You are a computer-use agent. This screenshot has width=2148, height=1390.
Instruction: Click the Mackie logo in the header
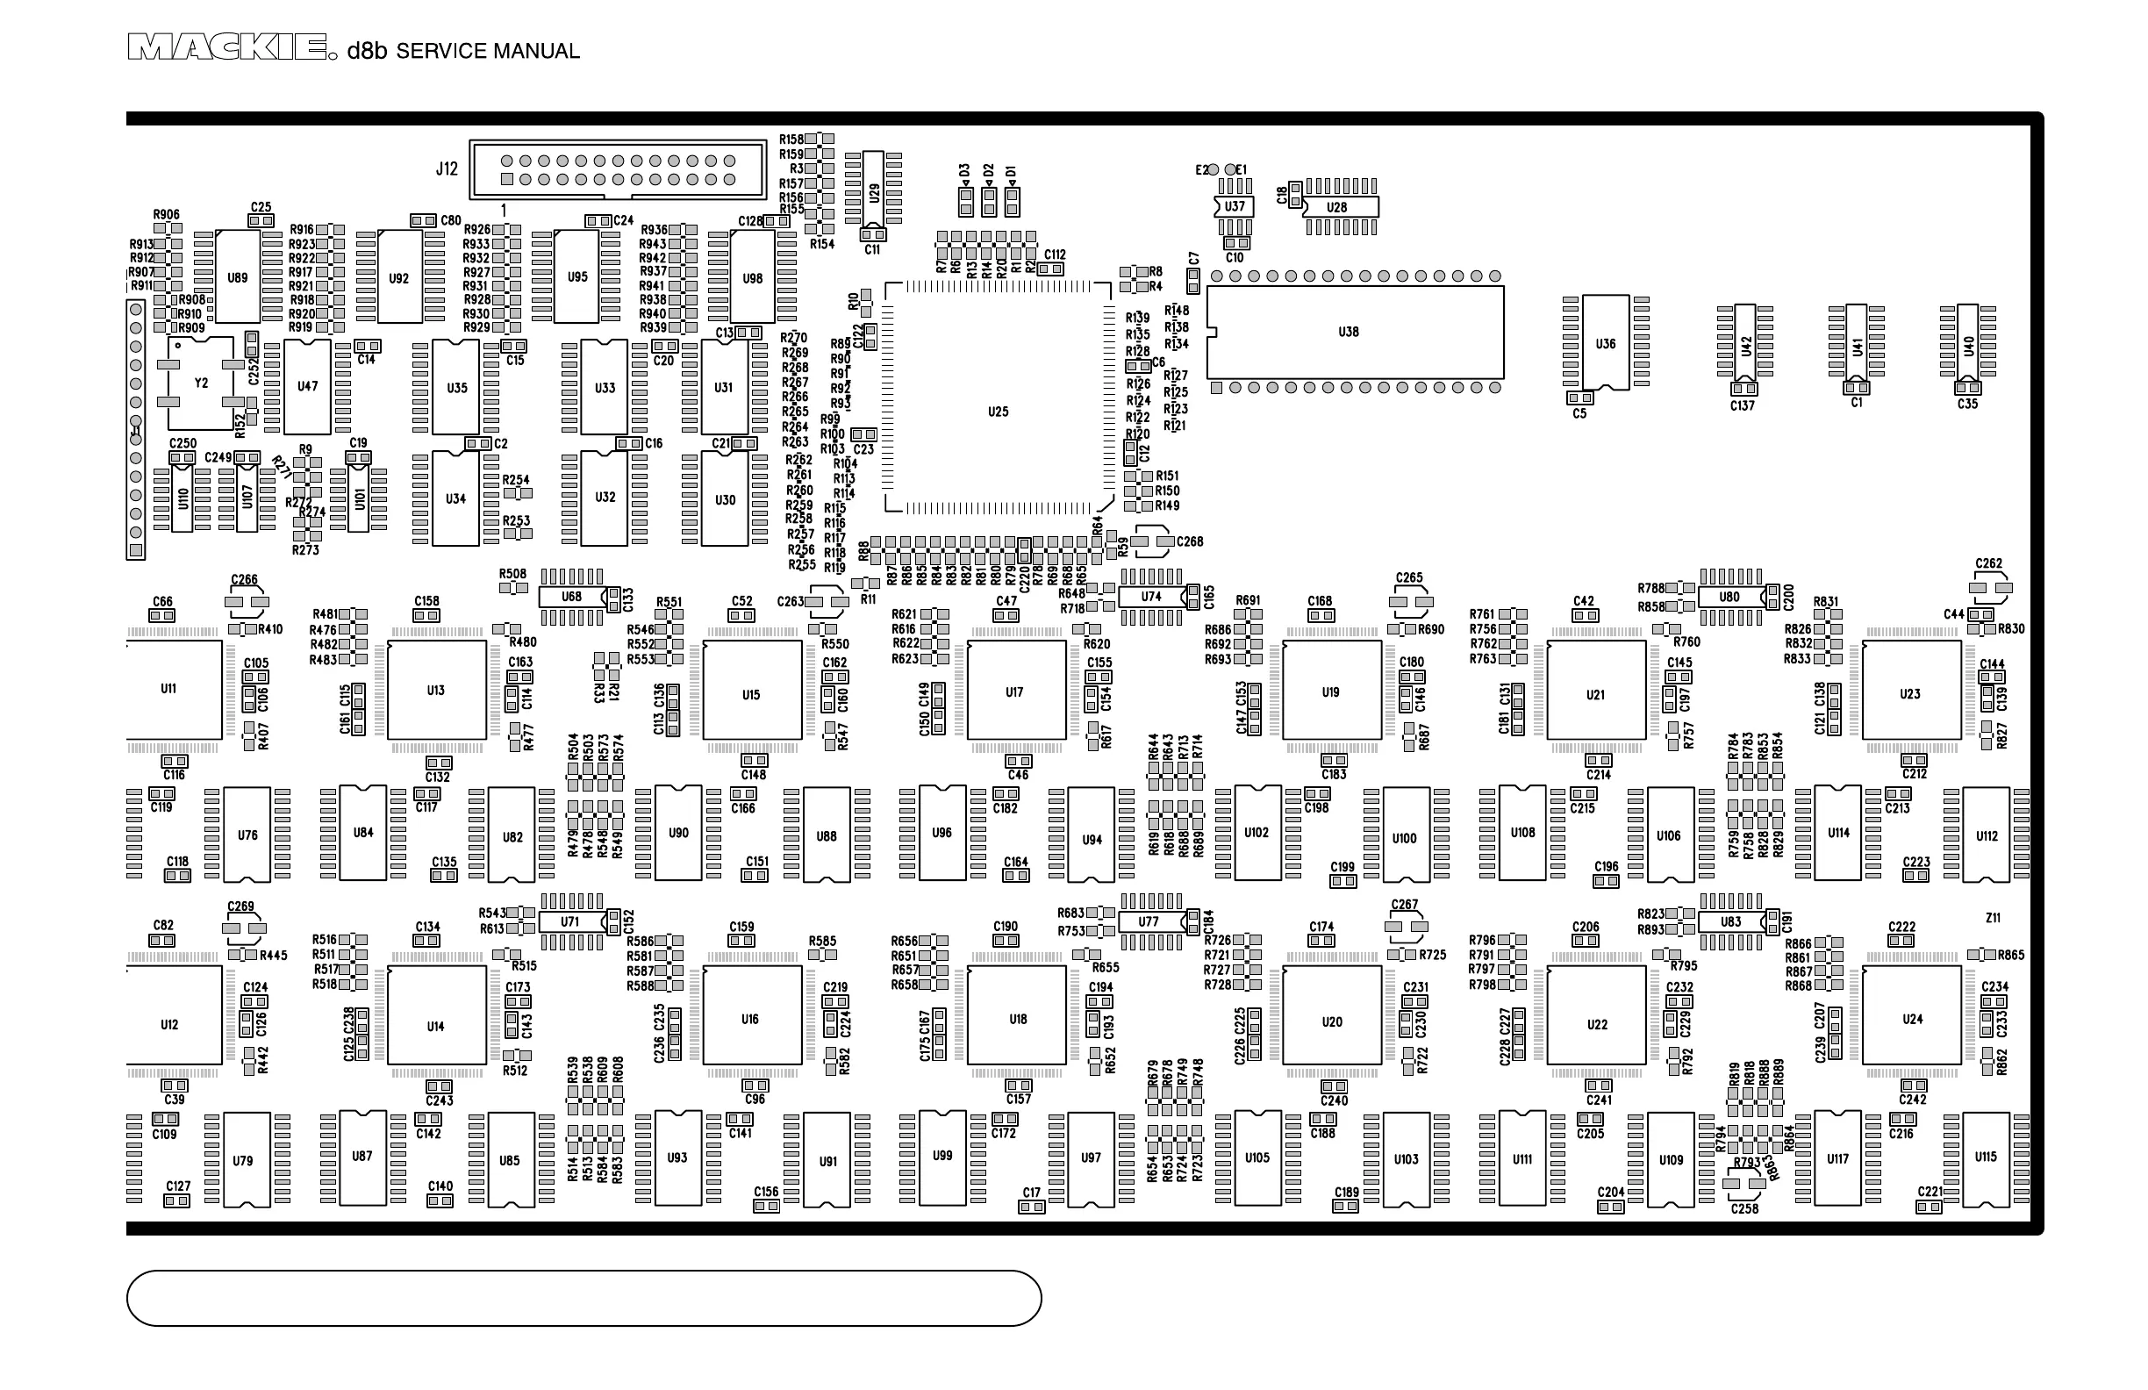[x=226, y=48]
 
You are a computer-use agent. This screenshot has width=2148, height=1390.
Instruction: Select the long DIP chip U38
[x=1355, y=333]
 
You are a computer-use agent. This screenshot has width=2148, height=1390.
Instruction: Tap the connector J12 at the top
[x=619, y=168]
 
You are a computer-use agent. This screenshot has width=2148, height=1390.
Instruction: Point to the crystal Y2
[x=201, y=383]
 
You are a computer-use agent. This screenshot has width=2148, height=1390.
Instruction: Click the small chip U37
[x=1235, y=207]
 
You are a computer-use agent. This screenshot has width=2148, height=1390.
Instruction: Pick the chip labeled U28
[x=1339, y=207]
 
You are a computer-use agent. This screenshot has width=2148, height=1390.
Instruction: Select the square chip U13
[x=437, y=691]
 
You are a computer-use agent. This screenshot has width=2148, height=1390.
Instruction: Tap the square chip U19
[x=1331, y=691]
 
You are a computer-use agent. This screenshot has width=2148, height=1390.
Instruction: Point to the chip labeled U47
[x=308, y=386]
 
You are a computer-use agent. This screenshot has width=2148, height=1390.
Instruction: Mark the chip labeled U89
[x=238, y=277]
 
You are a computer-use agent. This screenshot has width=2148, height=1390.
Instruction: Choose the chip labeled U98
[x=753, y=277]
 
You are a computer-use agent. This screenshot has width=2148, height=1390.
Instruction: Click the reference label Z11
[x=1994, y=918]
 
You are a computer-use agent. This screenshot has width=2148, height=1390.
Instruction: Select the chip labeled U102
[x=1257, y=833]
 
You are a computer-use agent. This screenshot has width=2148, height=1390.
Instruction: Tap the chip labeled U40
[x=1968, y=344]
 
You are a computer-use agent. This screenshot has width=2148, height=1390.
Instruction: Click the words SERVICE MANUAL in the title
[x=487, y=52]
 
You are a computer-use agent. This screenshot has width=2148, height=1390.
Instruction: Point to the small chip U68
[x=572, y=597]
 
